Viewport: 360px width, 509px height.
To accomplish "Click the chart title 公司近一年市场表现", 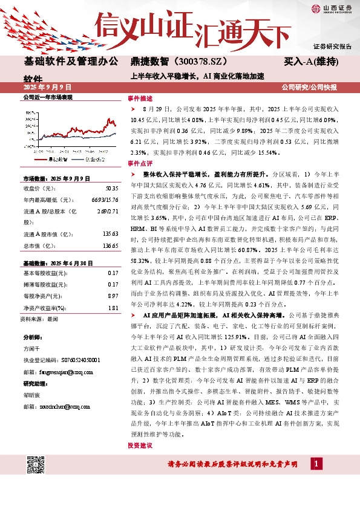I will (x=48, y=97).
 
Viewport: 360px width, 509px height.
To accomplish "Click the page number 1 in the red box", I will (x=316, y=463).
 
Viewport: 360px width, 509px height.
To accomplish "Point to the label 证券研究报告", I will (x=332, y=47).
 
